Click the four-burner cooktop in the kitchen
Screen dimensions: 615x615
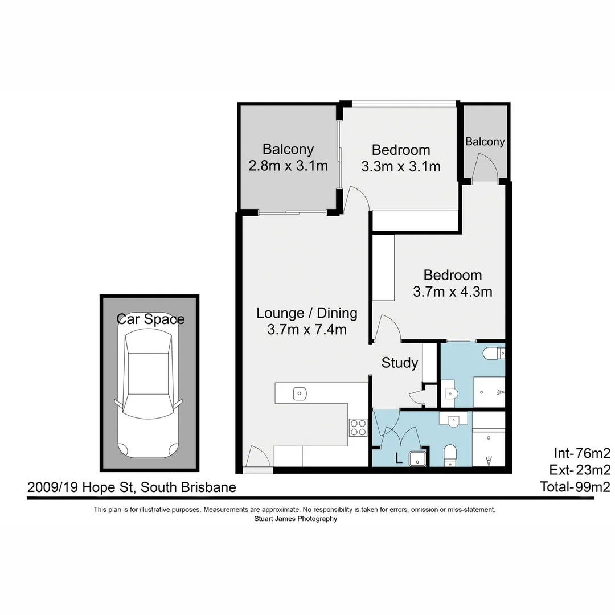(x=358, y=427)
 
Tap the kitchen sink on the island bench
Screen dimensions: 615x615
(x=300, y=393)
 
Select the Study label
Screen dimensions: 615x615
(x=400, y=363)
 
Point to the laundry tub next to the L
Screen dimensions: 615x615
(x=417, y=459)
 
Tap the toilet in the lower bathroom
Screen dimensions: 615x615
(x=450, y=455)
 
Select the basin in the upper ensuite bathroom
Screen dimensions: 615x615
(x=451, y=392)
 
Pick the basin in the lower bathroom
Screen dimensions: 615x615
(x=454, y=421)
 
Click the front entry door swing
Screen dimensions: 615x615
(x=257, y=457)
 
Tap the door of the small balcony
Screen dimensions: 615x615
(x=487, y=169)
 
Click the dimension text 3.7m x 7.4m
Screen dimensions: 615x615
(x=306, y=329)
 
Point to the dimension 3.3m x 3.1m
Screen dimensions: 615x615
(x=400, y=166)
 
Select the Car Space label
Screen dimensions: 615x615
(x=150, y=319)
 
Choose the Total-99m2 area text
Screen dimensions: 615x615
(x=575, y=487)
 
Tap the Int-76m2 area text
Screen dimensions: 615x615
(x=581, y=453)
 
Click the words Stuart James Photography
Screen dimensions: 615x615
(x=296, y=519)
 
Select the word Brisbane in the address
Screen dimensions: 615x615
(x=210, y=487)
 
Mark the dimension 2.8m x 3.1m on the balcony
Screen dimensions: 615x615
(x=288, y=166)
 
